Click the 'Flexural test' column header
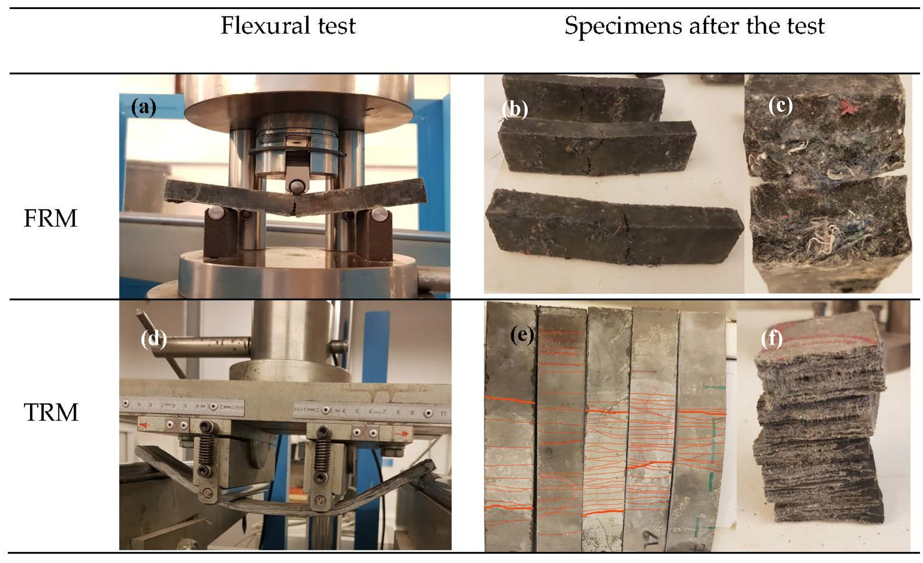click(288, 26)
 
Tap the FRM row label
click(50, 218)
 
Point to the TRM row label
click(51, 412)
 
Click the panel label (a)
click(143, 108)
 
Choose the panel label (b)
click(515, 110)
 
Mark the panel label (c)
click(780, 105)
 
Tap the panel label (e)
click(522, 335)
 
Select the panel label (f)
click(772, 339)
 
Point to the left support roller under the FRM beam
click(216, 213)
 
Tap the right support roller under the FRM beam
click(379, 214)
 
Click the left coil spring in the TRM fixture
click(206, 449)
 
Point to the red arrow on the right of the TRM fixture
click(405, 434)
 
